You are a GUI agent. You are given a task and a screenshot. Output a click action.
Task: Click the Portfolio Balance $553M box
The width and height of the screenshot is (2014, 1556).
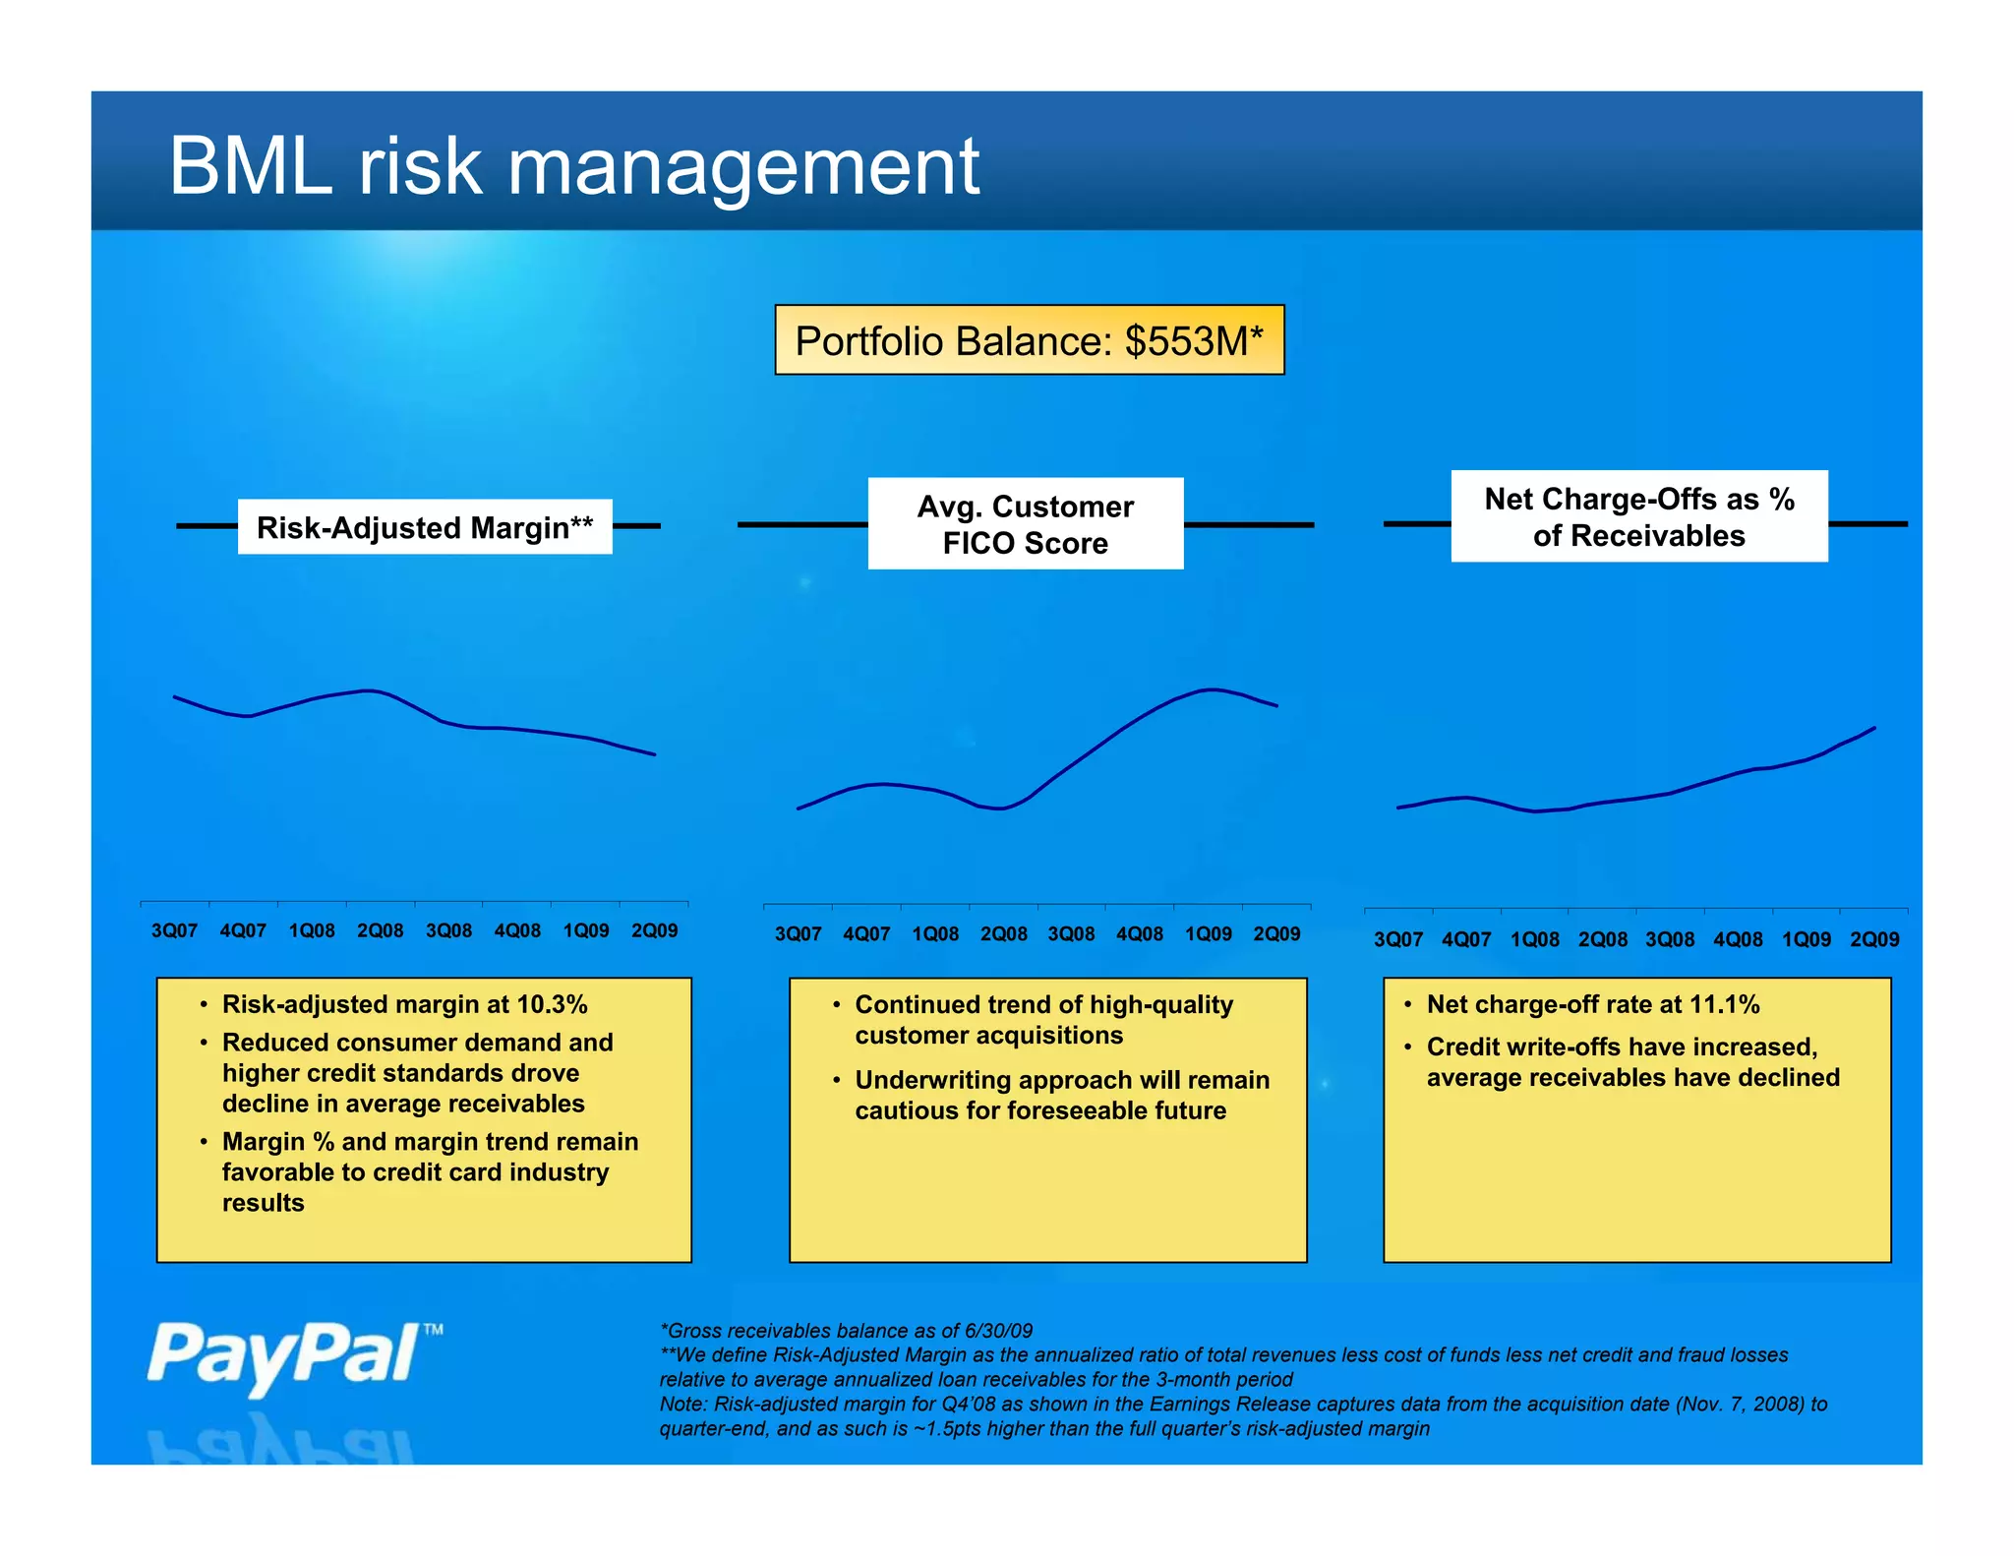click(1029, 340)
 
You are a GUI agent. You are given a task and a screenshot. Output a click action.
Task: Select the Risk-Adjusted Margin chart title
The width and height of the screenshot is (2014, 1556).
click(424, 527)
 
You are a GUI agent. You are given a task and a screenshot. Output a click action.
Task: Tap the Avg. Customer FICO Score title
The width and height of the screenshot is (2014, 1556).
click(1025, 524)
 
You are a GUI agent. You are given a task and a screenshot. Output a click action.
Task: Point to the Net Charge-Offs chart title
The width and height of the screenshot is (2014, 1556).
click(1638, 516)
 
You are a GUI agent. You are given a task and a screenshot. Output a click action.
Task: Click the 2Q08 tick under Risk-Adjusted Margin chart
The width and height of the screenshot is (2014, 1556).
click(380, 930)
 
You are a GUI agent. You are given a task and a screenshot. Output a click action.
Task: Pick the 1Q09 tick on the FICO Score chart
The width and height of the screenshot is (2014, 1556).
click(1208, 934)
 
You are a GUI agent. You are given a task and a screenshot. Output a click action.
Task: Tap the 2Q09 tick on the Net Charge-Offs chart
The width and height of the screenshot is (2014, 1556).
click(1873, 939)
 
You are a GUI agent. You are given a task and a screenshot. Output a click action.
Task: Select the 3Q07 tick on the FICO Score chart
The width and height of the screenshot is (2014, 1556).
click(798, 934)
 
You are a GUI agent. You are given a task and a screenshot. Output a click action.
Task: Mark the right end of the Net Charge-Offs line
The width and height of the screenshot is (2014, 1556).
click(1873, 728)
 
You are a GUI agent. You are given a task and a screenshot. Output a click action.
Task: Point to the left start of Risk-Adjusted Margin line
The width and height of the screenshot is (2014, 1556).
click(176, 697)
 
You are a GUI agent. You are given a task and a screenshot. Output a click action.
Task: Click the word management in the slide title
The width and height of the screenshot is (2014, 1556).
click(742, 167)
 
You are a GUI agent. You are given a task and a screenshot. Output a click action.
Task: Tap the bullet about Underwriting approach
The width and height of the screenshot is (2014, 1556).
click(1060, 1095)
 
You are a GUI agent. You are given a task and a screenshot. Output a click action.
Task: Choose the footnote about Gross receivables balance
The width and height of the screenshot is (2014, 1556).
click(846, 1331)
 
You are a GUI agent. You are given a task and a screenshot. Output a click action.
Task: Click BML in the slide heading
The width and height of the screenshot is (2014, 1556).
click(251, 167)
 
